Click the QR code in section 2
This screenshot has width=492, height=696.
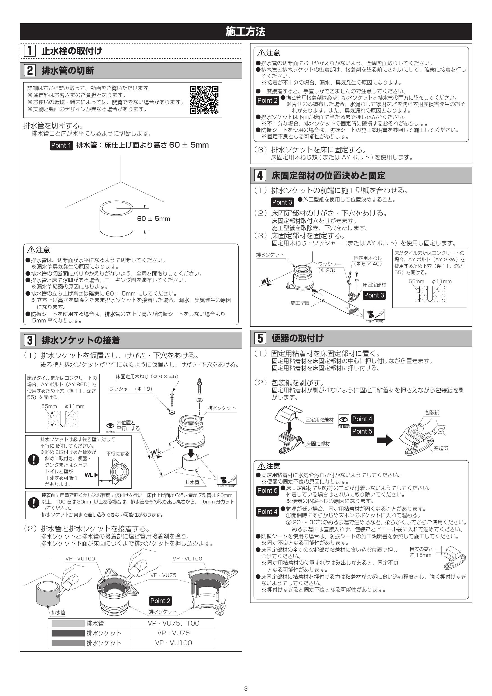point(204,100)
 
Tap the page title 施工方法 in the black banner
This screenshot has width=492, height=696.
point(245,31)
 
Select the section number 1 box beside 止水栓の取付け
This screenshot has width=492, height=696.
point(30,51)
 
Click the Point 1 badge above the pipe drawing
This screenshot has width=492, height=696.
point(61,145)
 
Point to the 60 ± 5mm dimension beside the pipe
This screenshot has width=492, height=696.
point(154,219)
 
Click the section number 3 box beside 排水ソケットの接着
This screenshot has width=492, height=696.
point(30,340)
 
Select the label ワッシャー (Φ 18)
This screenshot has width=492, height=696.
point(131,389)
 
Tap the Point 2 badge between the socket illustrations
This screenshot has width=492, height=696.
point(160,601)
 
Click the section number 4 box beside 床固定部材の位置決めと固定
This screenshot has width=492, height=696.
point(260,175)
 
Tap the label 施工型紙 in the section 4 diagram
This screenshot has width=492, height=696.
point(300,303)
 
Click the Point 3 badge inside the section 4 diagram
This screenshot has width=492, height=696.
point(374,295)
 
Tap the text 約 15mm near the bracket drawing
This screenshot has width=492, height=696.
point(420,555)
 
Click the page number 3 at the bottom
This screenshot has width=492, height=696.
point(246,688)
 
